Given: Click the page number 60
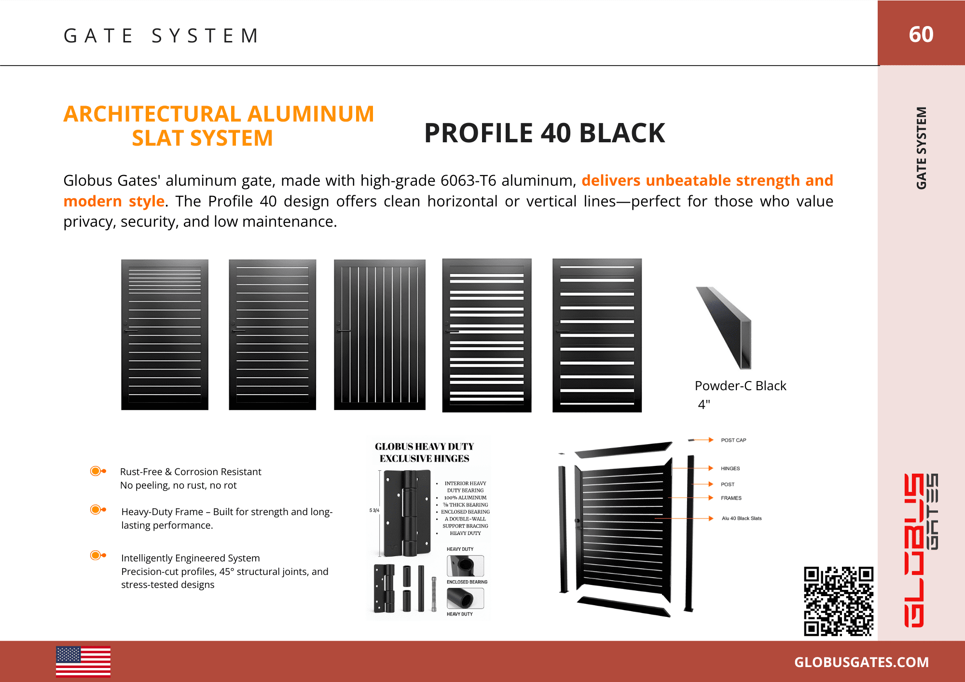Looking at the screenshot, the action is click(921, 34).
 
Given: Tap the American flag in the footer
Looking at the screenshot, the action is click(83, 662).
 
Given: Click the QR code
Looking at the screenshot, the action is click(839, 601).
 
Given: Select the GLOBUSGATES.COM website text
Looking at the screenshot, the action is click(861, 662).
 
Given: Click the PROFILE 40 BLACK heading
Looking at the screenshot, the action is click(545, 133).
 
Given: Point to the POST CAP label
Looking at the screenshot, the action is click(733, 440).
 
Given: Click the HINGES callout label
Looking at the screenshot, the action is click(730, 468).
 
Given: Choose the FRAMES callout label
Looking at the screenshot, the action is click(731, 498).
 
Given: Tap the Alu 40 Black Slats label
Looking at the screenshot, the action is click(742, 518).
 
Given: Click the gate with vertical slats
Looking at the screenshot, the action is click(380, 335).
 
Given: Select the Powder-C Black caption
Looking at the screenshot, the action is click(740, 386).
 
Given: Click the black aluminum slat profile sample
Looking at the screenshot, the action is click(724, 328).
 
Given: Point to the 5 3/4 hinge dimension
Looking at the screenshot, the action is click(374, 510).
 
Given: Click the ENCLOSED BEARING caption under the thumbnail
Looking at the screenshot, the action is click(467, 582).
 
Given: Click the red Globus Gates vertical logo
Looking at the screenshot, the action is click(921, 550).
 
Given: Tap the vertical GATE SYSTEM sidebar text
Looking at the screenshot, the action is click(921, 148).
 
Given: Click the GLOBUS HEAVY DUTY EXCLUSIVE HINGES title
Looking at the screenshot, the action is click(424, 452).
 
